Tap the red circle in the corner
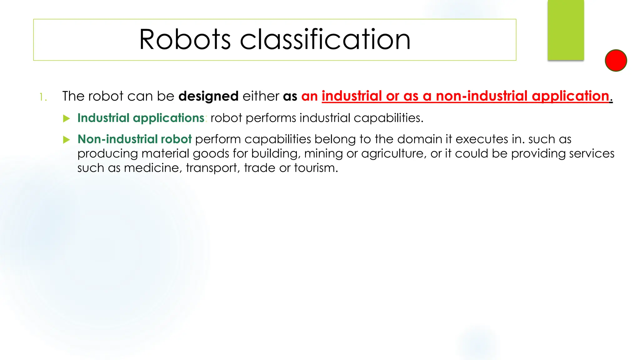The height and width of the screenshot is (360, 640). point(616,60)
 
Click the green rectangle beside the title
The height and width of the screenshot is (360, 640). point(566,30)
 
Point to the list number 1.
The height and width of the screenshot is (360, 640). point(43,97)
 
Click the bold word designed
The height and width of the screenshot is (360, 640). point(208,96)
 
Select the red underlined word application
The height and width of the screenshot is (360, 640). point(570,96)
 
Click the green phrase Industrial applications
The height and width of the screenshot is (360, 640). point(141,118)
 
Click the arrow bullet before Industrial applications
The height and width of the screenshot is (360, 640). point(66,118)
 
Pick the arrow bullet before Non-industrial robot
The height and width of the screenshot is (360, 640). point(66,140)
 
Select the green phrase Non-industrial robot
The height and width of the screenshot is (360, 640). point(134,139)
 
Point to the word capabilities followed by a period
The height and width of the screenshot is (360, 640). point(388,118)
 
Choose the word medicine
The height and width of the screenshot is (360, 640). point(153,168)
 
